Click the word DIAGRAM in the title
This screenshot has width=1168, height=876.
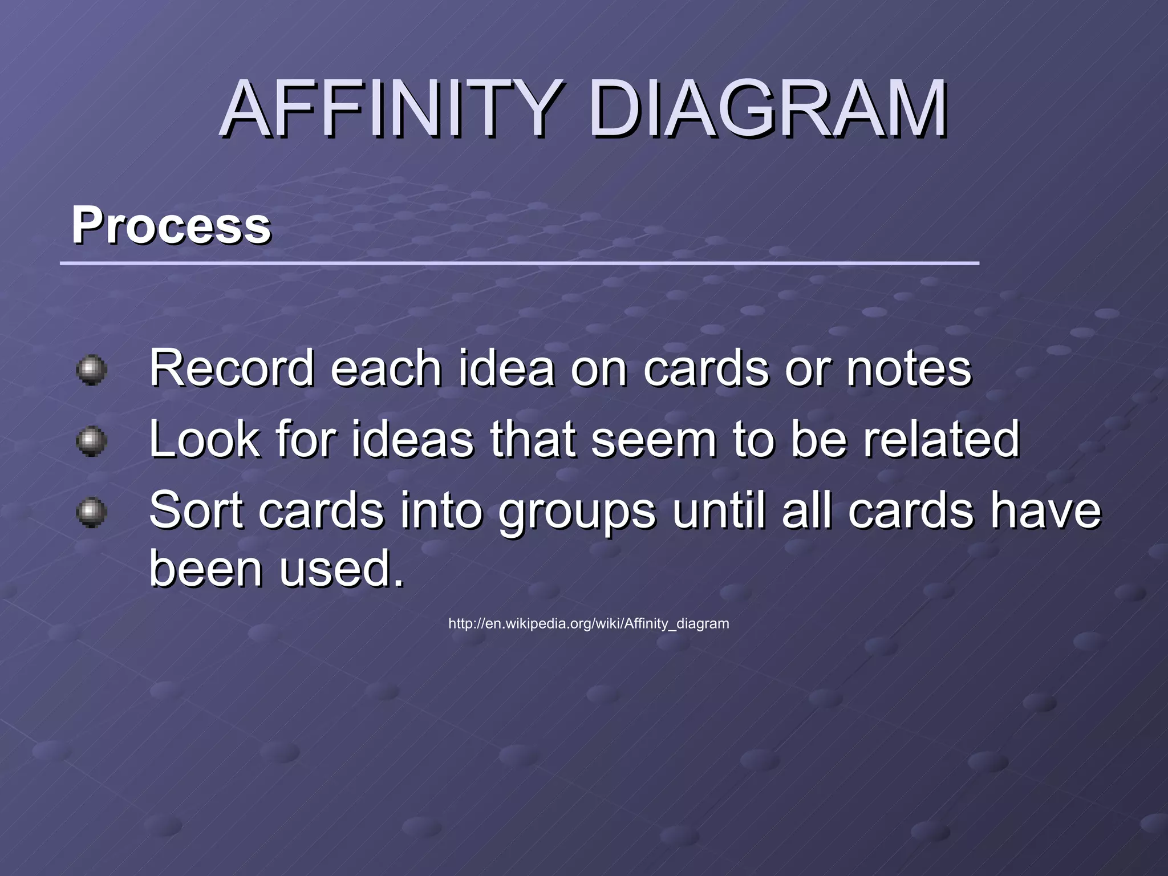coord(768,109)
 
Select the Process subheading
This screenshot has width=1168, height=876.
coord(171,225)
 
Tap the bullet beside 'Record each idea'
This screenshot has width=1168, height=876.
coord(91,370)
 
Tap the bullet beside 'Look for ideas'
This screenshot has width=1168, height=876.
coord(91,441)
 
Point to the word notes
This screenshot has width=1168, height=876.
coord(909,368)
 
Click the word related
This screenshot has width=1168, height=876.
coord(941,439)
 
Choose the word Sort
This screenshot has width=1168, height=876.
coord(197,510)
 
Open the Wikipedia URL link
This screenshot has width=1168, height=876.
coord(589,623)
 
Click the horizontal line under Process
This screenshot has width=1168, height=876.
coord(519,263)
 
